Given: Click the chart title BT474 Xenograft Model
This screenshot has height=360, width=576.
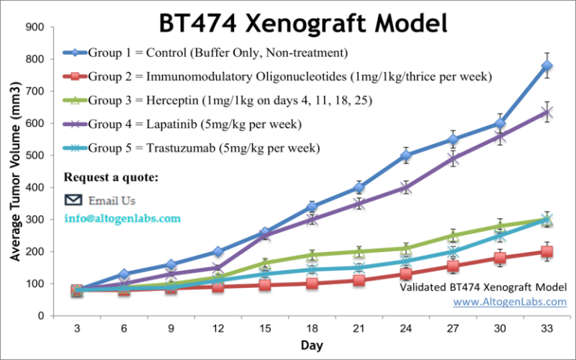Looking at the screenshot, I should [x=303, y=22].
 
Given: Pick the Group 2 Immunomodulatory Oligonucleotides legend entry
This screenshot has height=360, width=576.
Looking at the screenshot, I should [x=278, y=76].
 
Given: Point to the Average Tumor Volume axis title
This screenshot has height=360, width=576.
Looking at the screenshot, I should [x=15, y=172].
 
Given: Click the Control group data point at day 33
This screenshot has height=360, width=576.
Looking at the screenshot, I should [x=547, y=66].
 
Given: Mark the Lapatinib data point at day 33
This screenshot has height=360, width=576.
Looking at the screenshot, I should [x=547, y=112].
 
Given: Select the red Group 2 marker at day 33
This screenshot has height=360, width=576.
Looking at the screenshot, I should [x=547, y=252].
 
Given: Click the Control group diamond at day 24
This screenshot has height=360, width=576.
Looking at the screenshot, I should [x=406, y=156].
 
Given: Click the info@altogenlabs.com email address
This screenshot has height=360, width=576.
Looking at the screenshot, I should [x=122, y=218].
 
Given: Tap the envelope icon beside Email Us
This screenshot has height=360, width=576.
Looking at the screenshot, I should [x=73, y=200].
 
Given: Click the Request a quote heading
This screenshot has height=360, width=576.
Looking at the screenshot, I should [x=111, y=178].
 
